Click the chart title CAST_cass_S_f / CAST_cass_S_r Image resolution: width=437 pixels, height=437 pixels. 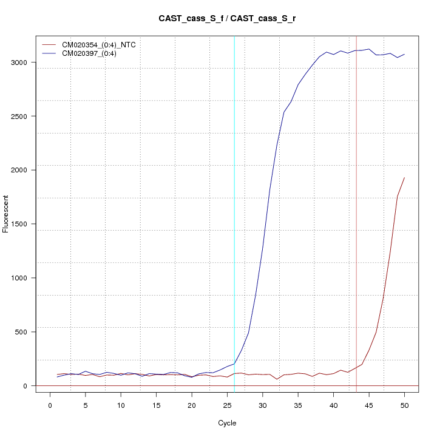coord(227,19)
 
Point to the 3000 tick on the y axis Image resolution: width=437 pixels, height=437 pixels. coord(22,62)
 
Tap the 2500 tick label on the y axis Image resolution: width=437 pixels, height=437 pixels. coord(22,116)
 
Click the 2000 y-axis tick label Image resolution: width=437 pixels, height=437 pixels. coord(22,170)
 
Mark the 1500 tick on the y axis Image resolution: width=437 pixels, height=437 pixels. coord(22,224)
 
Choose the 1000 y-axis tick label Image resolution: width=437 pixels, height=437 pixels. coord(22,278)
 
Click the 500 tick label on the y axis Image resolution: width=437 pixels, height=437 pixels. coord(22,332)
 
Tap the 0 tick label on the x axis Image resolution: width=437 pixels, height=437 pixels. coord(50,405)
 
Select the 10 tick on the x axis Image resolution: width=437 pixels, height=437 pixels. coord(121,405)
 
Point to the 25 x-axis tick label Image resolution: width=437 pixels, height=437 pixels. coord(227,405)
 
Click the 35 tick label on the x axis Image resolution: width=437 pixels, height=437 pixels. coord(298,405)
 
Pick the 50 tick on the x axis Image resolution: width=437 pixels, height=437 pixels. coord(404,405)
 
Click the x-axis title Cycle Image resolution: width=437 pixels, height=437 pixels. coord(227,423)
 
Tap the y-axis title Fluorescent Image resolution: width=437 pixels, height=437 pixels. coord(7,214)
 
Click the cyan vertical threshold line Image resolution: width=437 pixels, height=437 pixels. coord(234,212)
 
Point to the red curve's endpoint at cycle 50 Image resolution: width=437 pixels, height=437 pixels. coord(404,178)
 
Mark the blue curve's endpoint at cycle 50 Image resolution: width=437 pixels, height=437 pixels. coord(404,54)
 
